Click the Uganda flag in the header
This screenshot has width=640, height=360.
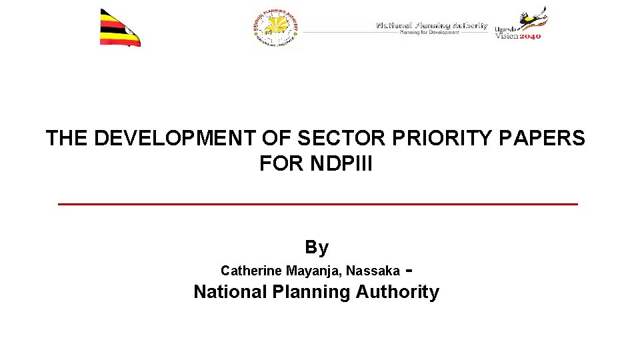pos(120,28)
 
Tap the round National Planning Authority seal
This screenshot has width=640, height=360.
pos(276,29)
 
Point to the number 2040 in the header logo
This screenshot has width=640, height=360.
pos(529,36)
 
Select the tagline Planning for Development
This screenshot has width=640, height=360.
pos(429,32)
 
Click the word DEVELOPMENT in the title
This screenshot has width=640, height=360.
pos(174,139)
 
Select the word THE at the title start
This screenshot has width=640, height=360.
pos(67,139)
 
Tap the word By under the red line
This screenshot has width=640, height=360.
pos(317,247)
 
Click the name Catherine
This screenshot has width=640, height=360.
pos(251,271)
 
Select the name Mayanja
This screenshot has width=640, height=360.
pos(313,271)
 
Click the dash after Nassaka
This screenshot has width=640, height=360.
pos(408,271)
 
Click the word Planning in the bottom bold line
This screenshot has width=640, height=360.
pos(312,293)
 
